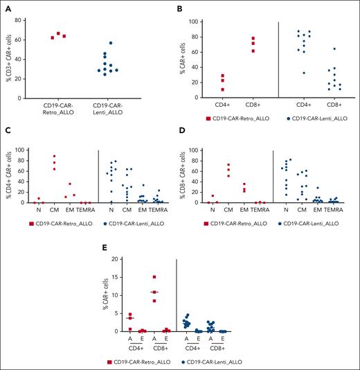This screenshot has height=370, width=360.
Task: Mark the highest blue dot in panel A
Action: coord(129,43)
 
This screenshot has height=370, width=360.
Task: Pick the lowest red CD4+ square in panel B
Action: coord(242,89)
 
